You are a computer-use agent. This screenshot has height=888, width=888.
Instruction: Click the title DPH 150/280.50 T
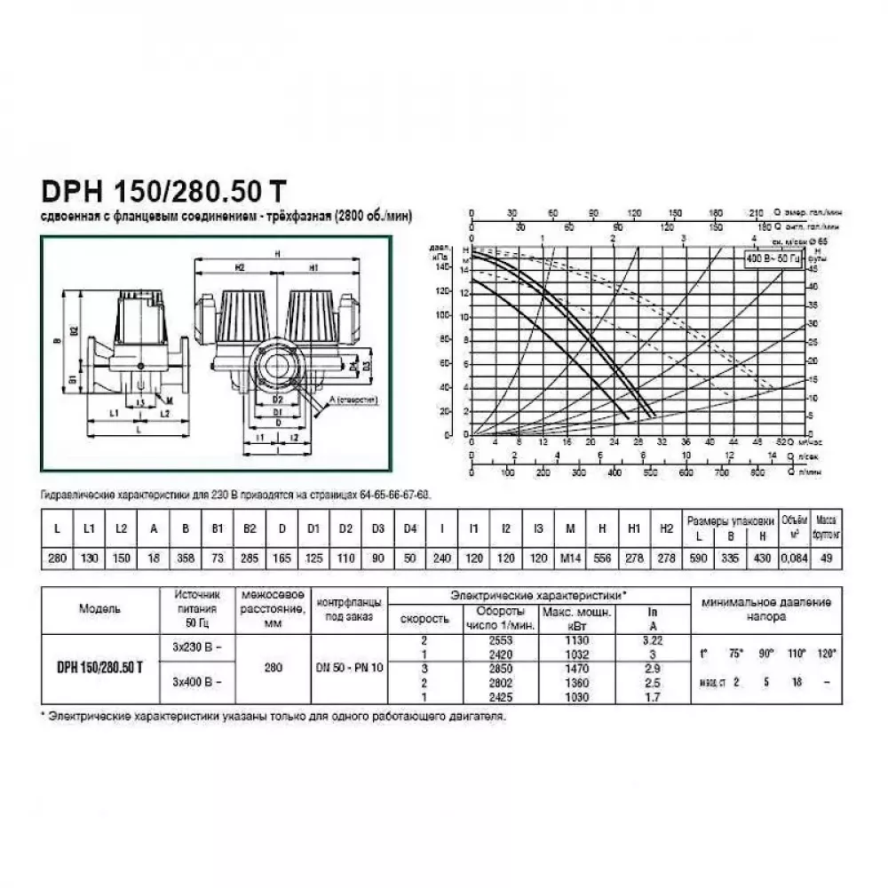point(160,192)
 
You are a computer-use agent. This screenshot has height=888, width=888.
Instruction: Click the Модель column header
point(100,609)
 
